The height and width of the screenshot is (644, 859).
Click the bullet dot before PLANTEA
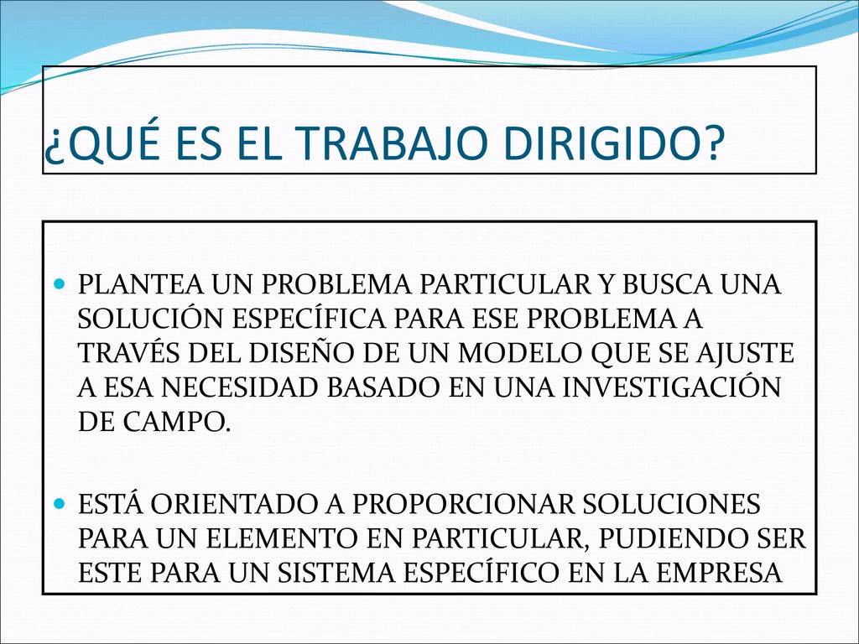pos(59,285)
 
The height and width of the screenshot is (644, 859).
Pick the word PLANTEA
pos(132,285)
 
